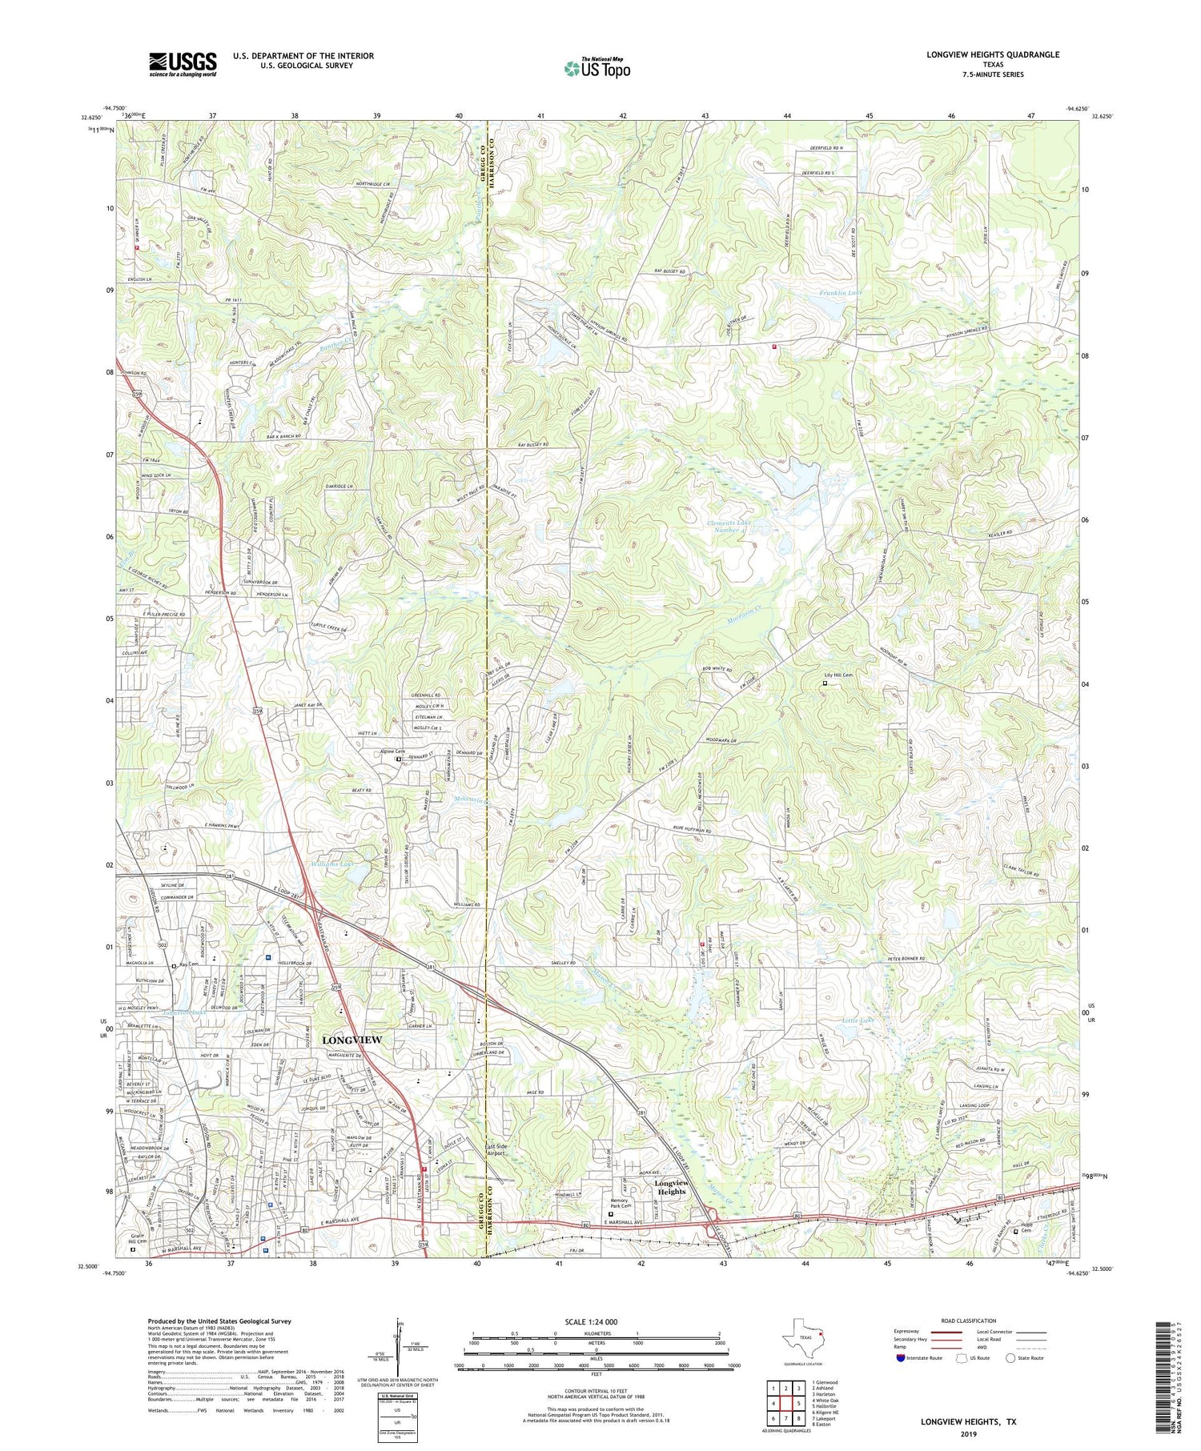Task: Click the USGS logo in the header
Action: (182, 64)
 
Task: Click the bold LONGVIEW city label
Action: (351, 1040)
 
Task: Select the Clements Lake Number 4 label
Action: (728, 527)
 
